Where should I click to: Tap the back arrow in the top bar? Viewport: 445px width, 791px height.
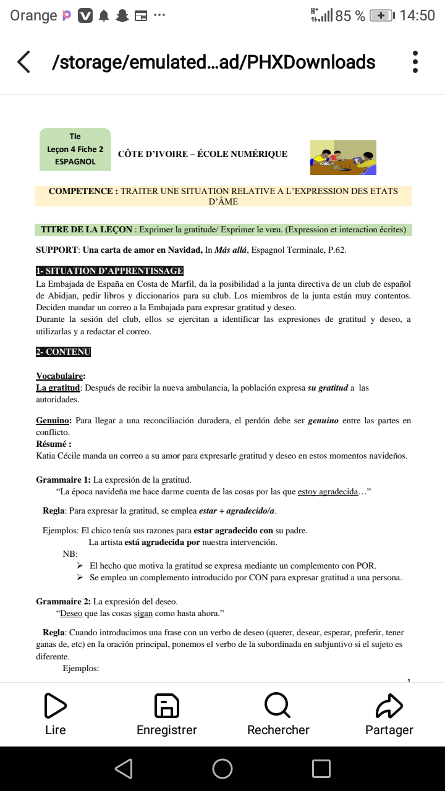point(23,62)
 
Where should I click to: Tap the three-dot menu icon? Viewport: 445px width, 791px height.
point(415,62)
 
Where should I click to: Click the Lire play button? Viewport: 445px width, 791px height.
point(56,705)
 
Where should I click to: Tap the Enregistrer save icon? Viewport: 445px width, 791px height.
point(166,705)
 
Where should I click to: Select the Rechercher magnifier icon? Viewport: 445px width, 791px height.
point(278,705)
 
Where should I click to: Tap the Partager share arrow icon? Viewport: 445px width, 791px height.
point(389,705)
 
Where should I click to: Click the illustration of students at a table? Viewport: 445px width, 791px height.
point(343,157)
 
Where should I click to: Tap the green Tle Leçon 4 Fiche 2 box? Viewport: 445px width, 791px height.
point(75,149)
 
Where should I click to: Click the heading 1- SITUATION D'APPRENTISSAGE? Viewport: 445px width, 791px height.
point(110,271)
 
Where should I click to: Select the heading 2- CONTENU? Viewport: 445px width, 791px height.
point(63,352)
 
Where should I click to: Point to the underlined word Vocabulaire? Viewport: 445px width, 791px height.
point(60,376)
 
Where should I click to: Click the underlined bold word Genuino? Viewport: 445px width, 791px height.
point(53,421)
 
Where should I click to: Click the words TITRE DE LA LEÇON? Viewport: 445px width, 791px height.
point(87,230)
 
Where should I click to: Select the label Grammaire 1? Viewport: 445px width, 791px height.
point(63,480)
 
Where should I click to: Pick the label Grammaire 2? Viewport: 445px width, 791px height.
point(63,601)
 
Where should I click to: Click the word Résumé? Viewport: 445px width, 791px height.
point(53,444)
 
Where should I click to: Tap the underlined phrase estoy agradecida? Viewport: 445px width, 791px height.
point(328,492)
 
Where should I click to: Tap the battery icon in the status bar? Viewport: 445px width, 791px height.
point(382,15)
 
